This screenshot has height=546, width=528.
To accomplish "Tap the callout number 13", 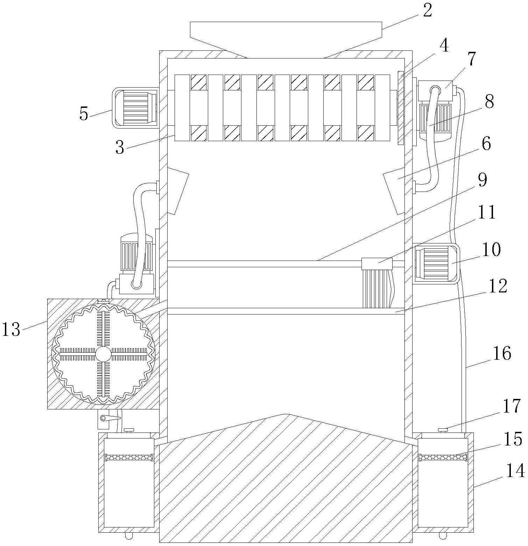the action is pyautogui.click(x=12, y=330).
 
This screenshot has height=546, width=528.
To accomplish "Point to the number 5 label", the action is pyautogui.click(x=84, y=114).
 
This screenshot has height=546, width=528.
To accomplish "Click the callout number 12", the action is pyautogui.click(x=498, y=286).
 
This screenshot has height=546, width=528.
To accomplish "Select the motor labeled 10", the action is pyautogui.click(x=436, y=263).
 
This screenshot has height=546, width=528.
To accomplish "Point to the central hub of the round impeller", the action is pyautogui.click(x=103, y=354).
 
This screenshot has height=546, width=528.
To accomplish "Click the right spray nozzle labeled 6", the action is pyautogui.click(x=394, y=191).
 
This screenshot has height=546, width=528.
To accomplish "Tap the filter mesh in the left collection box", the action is pyautogui.click(x=129, y=457).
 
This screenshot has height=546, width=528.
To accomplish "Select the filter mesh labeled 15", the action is pyautogui.click(x=443, y=457).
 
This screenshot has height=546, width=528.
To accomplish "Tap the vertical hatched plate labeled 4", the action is pyautogui.click(x=401, y=108).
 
